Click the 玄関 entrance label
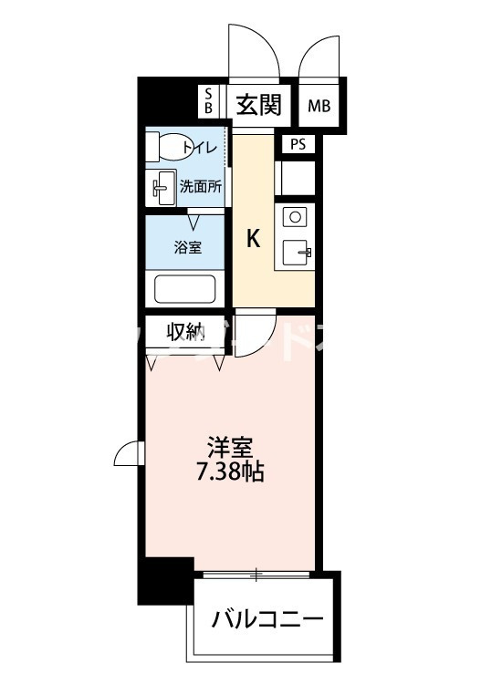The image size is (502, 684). coord(259,105)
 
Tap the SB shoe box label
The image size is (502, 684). coord(208,102)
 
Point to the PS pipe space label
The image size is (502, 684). coord(298,144)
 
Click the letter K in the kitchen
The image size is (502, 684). coord(254,240)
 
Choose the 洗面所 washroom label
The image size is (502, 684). coord(200,188)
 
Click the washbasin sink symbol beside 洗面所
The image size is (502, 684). coord(163,188)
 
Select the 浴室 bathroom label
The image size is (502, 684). coord(188,247)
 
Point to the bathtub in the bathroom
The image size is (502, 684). coord(185,289)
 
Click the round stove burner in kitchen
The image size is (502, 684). coord(295,216)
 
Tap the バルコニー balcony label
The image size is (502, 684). coord(267,621)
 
